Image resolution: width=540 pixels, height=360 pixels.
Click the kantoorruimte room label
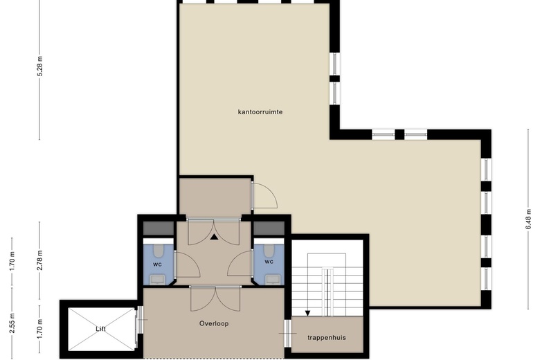pyautogui.click(x=260, y=112)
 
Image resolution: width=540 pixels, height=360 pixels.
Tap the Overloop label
pyautogui.click(x=214, y=323)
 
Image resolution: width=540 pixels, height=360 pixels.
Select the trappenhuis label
pyautogui.click(x=327, y=338)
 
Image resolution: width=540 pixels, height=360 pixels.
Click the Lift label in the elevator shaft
pyautogui.click(x=100, y=329)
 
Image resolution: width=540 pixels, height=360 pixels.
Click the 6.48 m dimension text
pyautogui.click(x=529, y=219)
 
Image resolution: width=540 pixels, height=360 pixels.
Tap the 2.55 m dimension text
pyautogui.click(x=12, y=323)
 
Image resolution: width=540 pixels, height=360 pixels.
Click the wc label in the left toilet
pyautogui.click(x=157, y=264)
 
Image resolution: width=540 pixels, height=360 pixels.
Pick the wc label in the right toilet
pyautogui.click(x=269, y=262)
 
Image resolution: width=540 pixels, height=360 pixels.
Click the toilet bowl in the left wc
pyautogui.click(x=159, y=251)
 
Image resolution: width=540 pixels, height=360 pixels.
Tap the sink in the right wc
pyautogui.click(x=272, y=280)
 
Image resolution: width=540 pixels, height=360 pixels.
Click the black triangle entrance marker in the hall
pyautogui.click(x=214, y=237)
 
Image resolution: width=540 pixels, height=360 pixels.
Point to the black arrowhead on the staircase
pyautogui.click(x=307, y=313)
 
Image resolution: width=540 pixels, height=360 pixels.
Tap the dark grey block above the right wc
pyautogui.click(x=269, y=228)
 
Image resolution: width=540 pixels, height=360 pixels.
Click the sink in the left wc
pyautogui.click(x=159, y=280)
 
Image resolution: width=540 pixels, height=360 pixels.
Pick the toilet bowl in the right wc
pyautogui.click(x=269, y=251)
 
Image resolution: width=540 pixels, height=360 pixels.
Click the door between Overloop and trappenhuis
pyautogui.click(x=287, y=334)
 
